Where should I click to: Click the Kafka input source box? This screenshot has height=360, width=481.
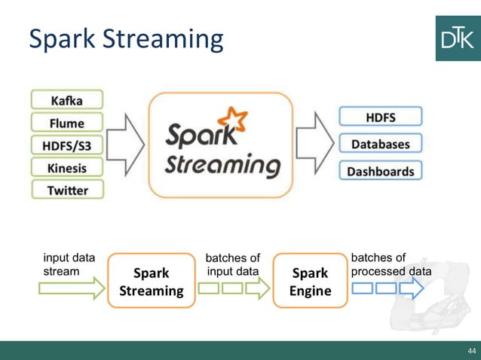68,99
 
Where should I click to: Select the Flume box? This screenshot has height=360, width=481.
68,122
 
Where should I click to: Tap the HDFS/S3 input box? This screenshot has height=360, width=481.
68,145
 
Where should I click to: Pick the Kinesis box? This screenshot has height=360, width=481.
68,167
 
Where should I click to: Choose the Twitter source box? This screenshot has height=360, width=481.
68,190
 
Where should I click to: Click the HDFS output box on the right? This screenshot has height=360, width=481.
381,117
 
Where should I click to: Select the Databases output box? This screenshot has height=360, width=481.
381,143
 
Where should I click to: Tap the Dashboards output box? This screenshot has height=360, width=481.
381,170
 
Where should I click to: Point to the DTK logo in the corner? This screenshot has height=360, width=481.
458,38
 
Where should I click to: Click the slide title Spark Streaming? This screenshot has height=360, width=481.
126,39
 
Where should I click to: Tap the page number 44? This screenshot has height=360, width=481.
472,351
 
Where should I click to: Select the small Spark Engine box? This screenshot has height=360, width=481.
311,282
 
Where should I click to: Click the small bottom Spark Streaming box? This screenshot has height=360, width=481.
151,282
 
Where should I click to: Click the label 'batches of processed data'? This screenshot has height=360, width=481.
391,264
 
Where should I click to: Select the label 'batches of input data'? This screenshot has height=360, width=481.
233,265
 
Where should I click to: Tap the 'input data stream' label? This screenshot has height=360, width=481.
69,264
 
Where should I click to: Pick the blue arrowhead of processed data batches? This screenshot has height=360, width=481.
412,288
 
